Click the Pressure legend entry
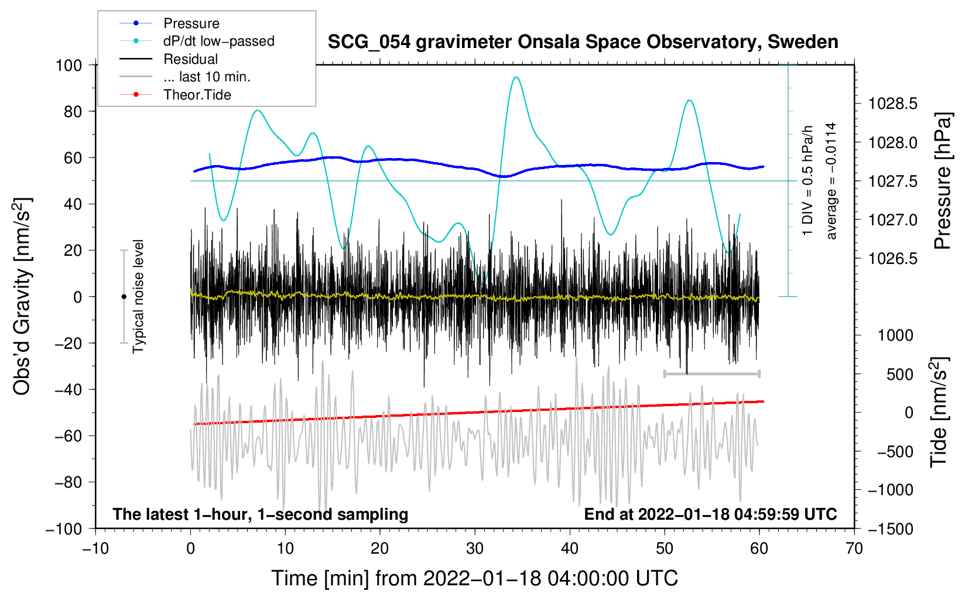[191, 23]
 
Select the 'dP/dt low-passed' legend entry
[218, 41]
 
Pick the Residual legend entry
[190, 59]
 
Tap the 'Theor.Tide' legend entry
[197, 95]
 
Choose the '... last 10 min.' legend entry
[207, 77]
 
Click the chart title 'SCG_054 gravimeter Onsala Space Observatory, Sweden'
[583, 42]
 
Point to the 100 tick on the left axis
[69, 65]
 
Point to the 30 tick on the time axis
[475, 548]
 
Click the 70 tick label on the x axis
[854, 548]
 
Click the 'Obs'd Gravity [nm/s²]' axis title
[22, 296]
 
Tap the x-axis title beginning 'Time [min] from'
[474, 578]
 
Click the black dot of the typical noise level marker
[124, 297]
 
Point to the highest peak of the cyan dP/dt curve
[515, 77]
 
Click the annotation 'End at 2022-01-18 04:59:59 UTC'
[710, 514]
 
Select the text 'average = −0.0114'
[831, 181]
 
